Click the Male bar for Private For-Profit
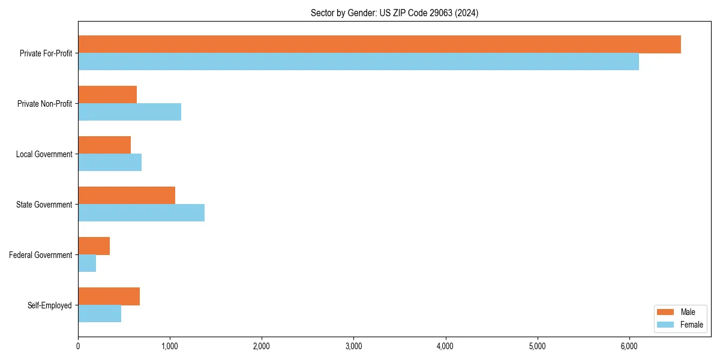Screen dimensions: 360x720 tap(379, 44)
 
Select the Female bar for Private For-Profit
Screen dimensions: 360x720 tap(358, 62)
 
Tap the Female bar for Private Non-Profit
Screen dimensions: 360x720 tap(130, 112)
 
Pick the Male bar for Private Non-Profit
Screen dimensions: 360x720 tap(107, 95)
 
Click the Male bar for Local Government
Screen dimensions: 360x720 tap(104, 145)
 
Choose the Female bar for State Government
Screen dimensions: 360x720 tap(141, 213)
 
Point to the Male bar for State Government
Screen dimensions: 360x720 tap(127, 196)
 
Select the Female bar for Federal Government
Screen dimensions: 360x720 tap(87, 263)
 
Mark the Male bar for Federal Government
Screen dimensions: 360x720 tap(94, 246)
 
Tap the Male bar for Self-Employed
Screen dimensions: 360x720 tap(109, 296)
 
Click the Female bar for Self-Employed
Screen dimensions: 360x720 tap(100, 314)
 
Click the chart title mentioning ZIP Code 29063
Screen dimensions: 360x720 tap(394, 13)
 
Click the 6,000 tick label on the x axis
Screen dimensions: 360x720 tap(629, 346)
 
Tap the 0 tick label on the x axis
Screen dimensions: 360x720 tap(78, 346)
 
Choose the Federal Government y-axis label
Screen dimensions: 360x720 tap(41, 255)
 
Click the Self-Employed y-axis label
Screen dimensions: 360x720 tap(50, 305)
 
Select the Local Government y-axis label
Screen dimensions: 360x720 tap(44, 154)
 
